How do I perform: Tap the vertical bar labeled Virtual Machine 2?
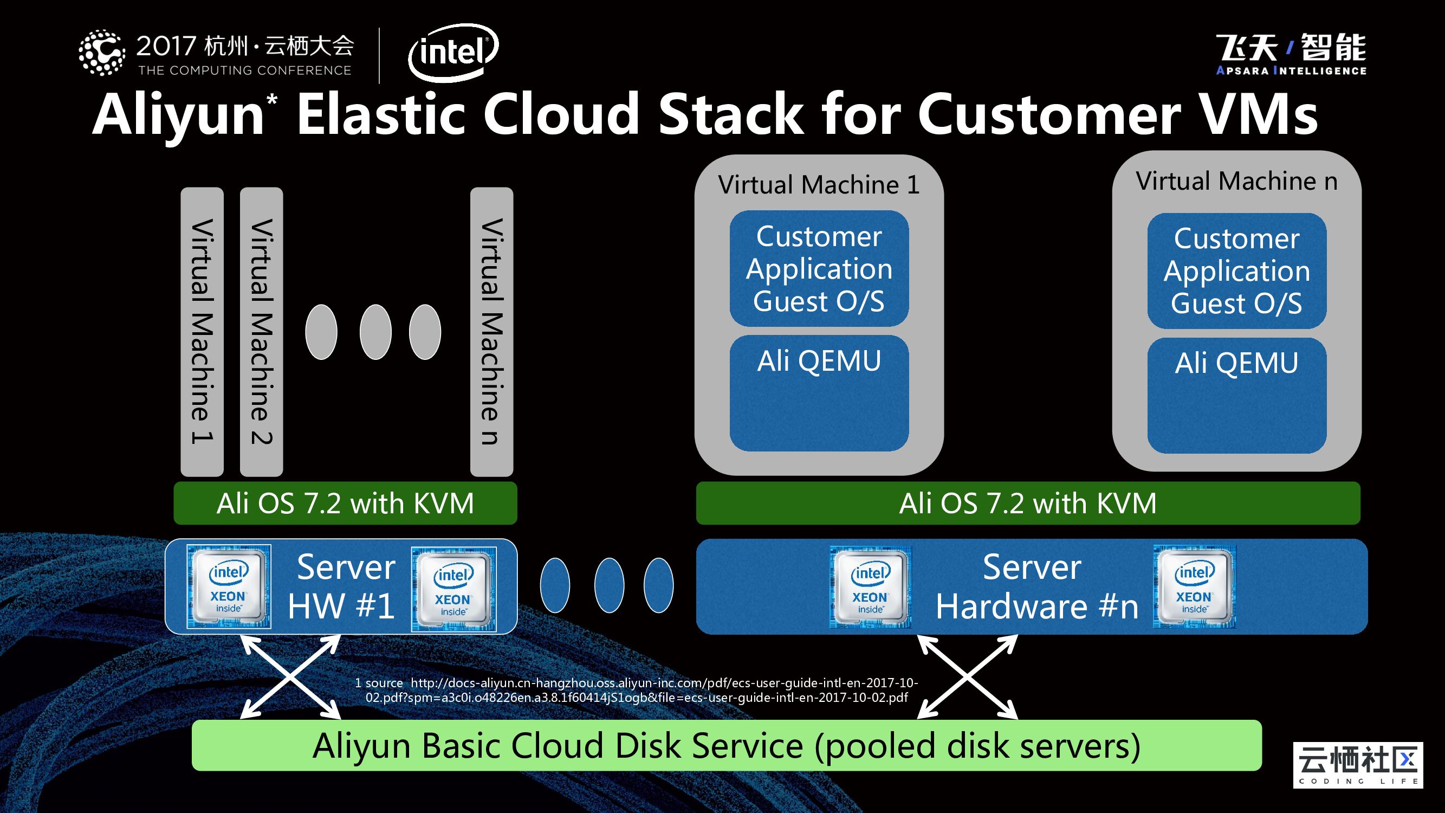[x=261, y=331]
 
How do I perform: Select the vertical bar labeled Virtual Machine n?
[x=492, y=331]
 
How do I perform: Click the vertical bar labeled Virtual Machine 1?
[x=202, y=331]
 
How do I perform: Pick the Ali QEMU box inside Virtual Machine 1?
[x=819, y=393]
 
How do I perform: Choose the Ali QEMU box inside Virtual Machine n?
[x=1237, y=395]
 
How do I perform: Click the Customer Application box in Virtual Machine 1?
[x=819, y=268]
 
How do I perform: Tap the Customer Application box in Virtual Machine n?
[x=1237, y=270]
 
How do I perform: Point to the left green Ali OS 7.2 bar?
[x=345, y=504]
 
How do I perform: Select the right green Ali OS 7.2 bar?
[x=1028, y=504]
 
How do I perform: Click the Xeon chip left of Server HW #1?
[x=228, y=586]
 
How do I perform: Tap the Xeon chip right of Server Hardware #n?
[x=1194, y=586]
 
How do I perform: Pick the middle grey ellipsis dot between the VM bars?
[x=375, y=332]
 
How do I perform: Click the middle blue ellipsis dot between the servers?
[x=608, y=585]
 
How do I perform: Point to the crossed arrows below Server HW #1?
[x=290, y=676]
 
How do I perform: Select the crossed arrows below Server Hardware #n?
[x=967, y=676]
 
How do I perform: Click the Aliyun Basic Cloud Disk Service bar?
[x=727, y=746]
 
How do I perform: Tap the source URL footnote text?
[x=636, y=690]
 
